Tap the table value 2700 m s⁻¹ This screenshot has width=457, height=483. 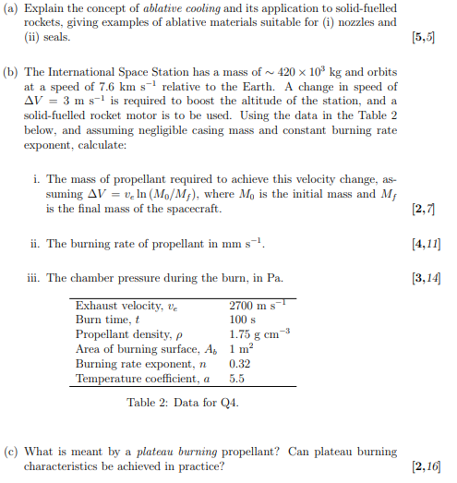259,306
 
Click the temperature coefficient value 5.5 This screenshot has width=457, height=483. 236,379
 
